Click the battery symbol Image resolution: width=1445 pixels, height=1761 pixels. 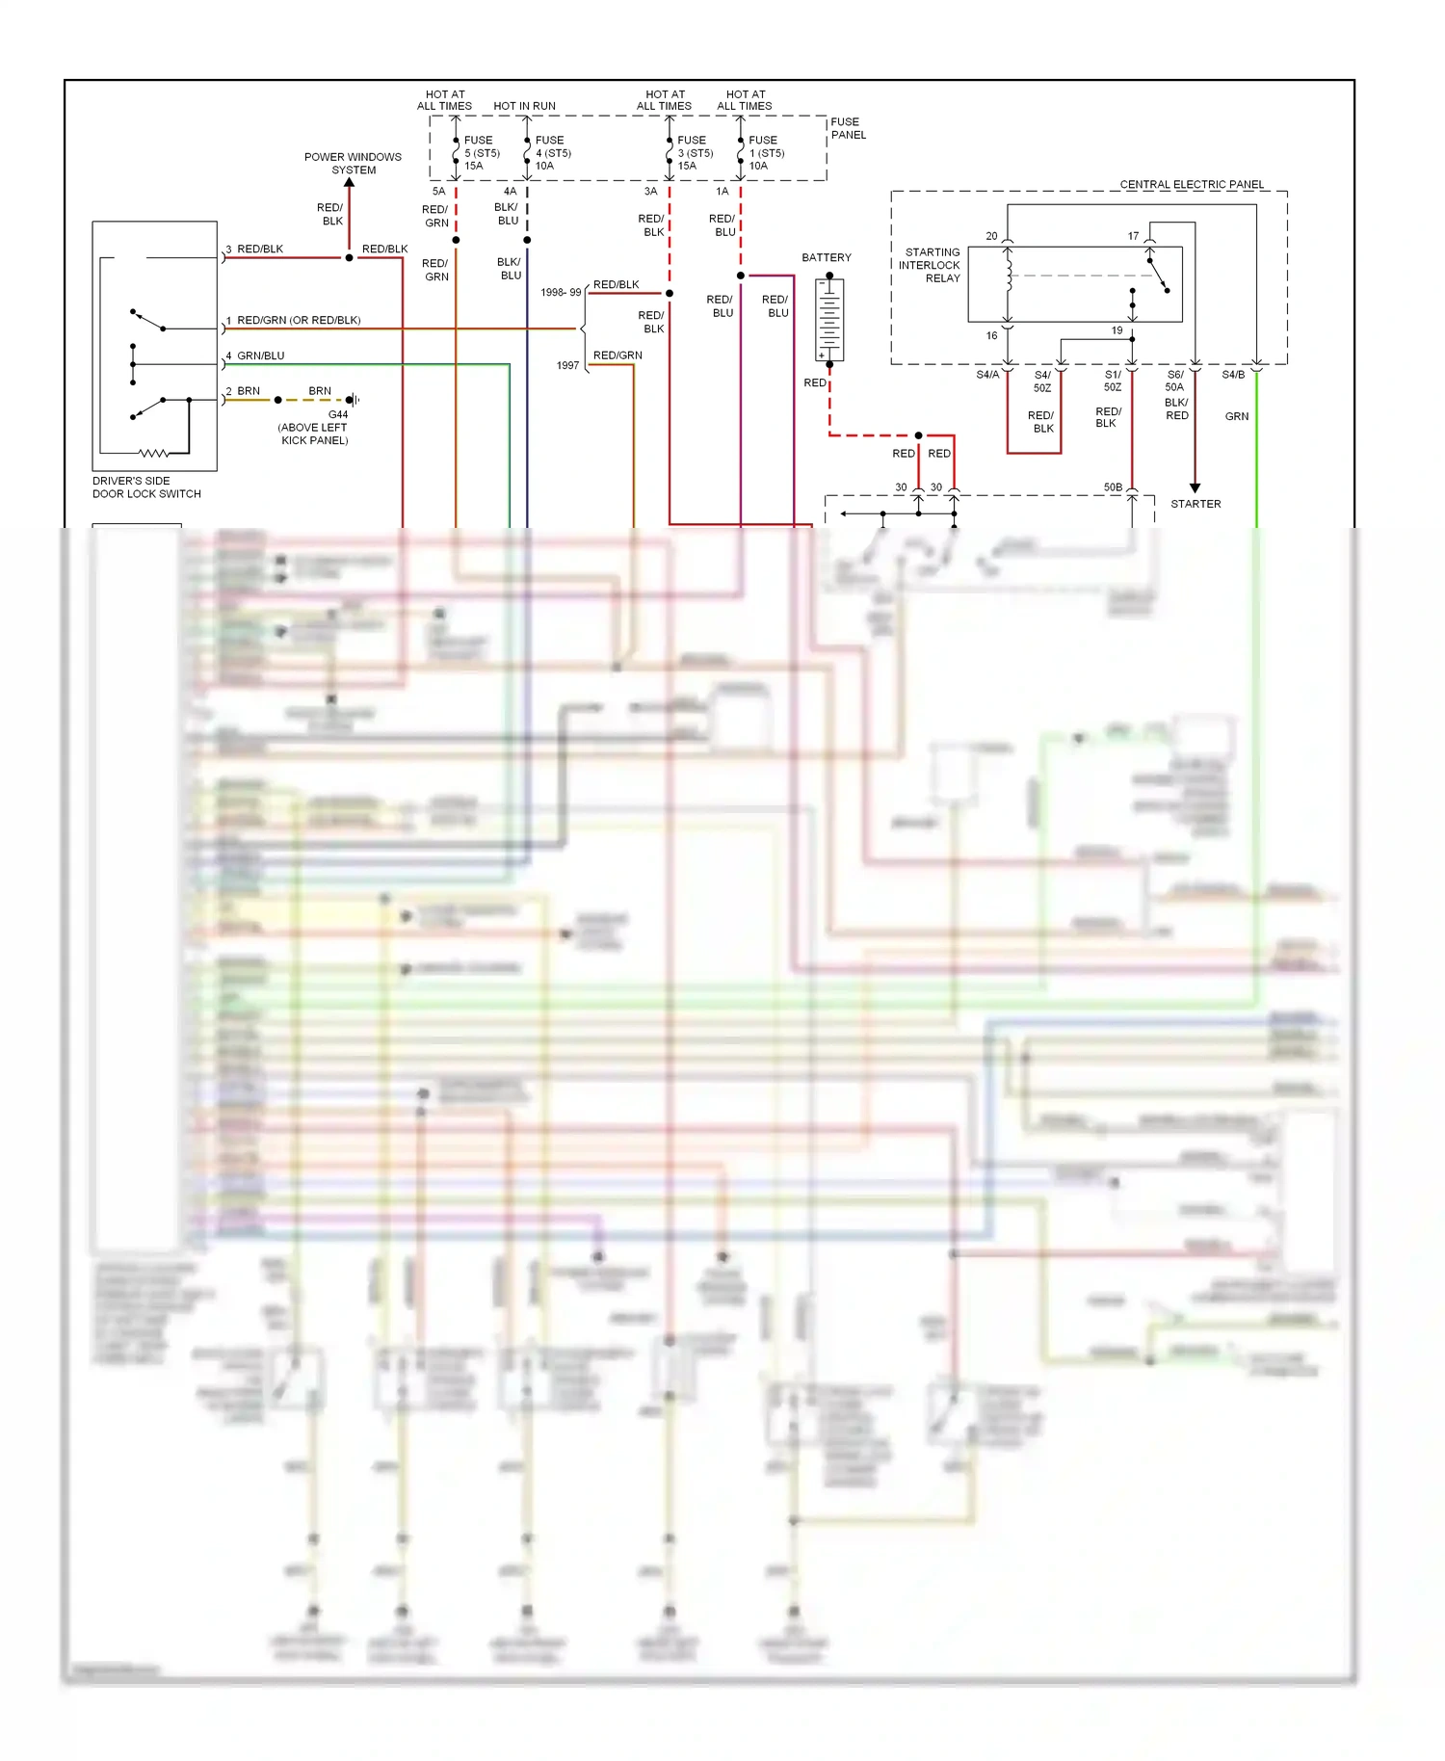[829, 320]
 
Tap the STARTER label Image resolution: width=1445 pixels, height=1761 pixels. [1195, 504]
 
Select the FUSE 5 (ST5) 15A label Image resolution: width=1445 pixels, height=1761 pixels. [481, 153]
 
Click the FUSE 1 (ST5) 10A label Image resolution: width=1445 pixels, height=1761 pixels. [766, 153]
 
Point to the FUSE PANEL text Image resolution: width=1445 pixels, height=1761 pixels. [848, 128]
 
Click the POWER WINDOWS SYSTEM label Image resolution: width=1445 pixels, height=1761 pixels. [353, 164]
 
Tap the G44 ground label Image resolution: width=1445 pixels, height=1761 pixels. [338, 415]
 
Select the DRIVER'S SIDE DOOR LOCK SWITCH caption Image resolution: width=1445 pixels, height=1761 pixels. [146, 487]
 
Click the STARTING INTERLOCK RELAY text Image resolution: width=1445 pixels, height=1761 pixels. [931, 265]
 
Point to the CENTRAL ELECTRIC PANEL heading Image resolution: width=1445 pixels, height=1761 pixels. [1192, 184]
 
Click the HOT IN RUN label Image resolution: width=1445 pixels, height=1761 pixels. [524, 106]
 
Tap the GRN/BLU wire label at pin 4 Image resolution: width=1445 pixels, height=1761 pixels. [260, 355]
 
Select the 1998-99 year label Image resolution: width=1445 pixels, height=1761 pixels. [561, 292]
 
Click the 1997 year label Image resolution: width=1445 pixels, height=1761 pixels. [567, 365]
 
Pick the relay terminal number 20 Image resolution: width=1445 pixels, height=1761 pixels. [991, 236]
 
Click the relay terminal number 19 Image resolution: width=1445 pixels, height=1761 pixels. [1117, 330]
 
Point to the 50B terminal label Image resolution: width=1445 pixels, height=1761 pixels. [1113, 487]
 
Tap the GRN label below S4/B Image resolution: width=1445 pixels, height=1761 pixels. [1237, 416]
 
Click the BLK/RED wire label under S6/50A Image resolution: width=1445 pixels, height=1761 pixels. [1176, 409]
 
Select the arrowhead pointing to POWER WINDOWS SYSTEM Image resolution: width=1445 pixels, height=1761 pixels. [350, 182]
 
